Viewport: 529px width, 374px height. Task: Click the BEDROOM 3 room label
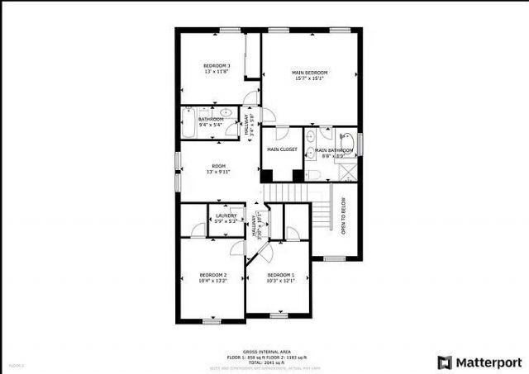[217, 65]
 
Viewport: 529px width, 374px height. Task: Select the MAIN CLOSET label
[282, 149]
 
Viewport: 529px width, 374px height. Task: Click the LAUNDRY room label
[226, 215]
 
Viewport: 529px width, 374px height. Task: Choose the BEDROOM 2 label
[213, 275]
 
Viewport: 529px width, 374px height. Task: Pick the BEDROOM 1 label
[281, 275]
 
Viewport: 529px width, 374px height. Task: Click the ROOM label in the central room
[218, 165]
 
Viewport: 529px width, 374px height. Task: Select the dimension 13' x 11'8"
[217, 72]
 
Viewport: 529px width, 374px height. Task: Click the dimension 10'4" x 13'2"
[213, 282]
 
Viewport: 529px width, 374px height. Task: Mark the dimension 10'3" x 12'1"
[281, 282]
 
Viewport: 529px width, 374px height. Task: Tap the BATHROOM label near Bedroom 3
[211, 119]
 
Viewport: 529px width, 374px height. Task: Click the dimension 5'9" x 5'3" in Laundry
[226, 221]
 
